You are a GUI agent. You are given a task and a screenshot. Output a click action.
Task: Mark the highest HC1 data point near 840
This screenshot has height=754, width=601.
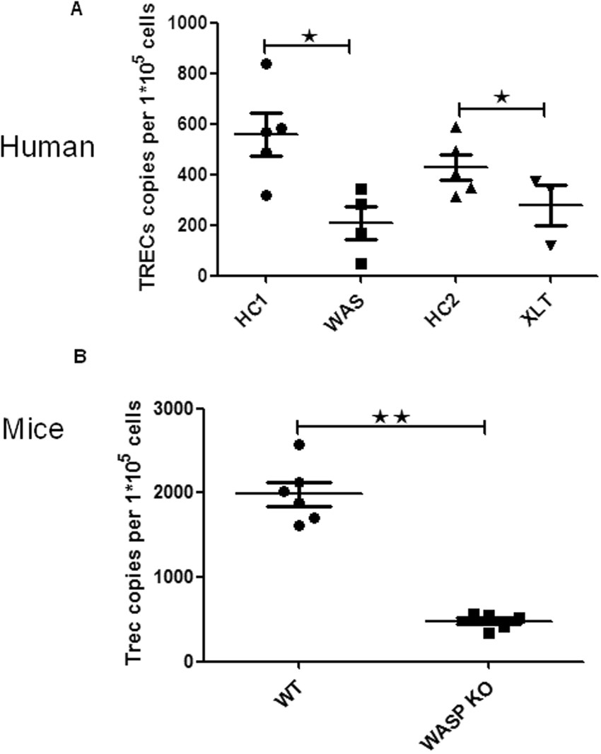(266, 64)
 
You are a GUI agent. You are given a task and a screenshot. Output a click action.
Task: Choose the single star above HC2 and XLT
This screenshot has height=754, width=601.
(501, 97)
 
